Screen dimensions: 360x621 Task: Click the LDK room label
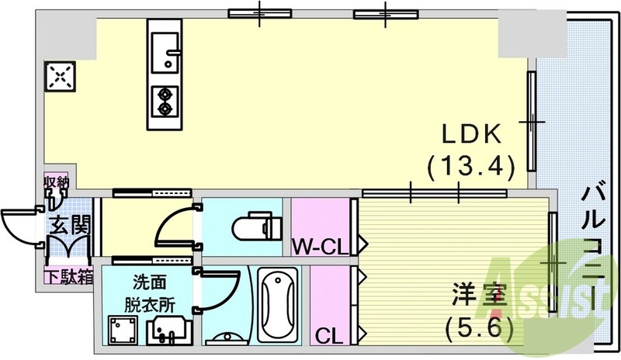pos(470,135)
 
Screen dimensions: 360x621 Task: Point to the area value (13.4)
pos(470,165)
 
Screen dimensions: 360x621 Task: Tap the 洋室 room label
pos(480,296)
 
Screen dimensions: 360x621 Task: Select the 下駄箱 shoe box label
pos(68,275)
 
